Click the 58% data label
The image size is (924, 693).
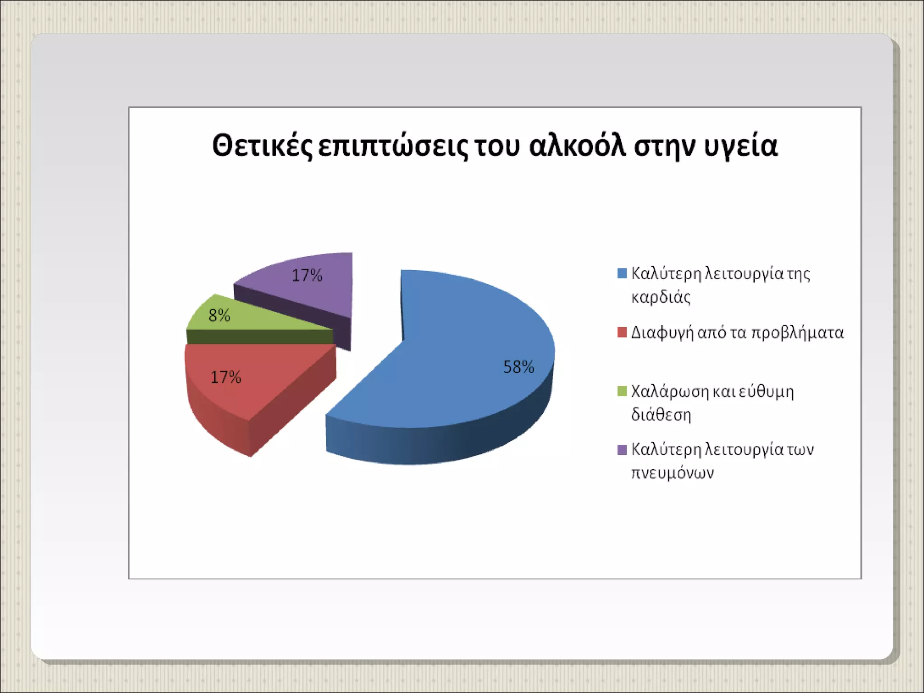tap(518, 367)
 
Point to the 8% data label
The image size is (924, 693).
tap(219, 315)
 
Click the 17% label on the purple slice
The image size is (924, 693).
tap(307, 275)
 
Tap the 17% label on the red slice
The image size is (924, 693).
tap(226, 377)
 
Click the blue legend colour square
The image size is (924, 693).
tap(622, 273)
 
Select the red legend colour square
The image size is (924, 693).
tap(622, 333)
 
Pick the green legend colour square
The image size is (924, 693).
tap(622, 391)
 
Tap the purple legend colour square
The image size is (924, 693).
tap(622, 450)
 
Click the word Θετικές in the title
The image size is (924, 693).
tap(262, 146)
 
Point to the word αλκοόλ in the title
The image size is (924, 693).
tap(577, 145)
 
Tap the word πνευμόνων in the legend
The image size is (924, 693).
tap(672, 473)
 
